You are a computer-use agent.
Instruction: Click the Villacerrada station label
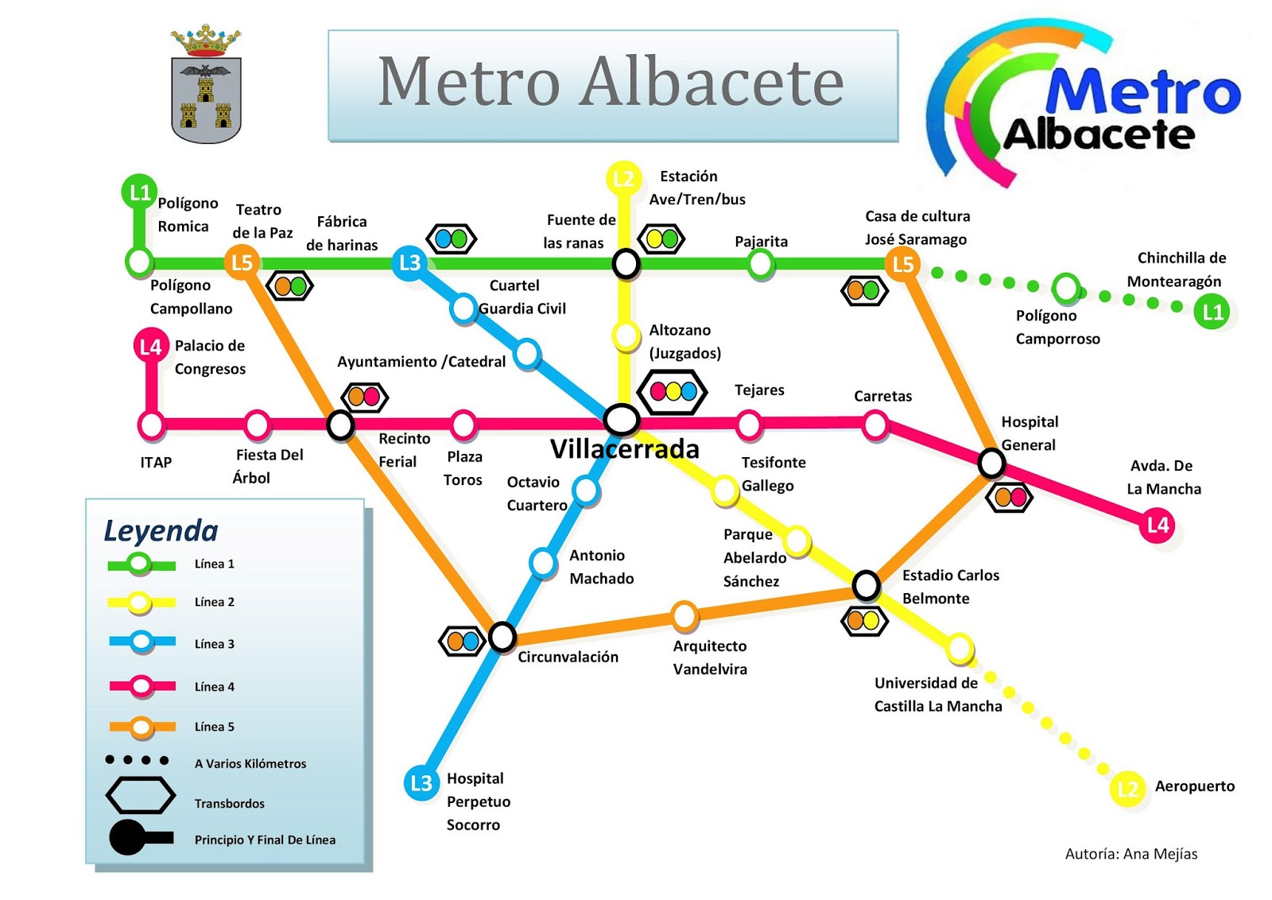tap(624, 449)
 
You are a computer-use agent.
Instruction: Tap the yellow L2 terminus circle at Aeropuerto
tap(1127, 789)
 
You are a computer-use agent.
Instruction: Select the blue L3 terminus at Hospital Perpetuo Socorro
tap(421, 784)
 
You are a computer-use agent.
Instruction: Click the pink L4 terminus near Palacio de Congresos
tap(150, 346)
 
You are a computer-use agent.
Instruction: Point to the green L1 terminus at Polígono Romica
tap(139, 192)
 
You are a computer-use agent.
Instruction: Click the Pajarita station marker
tap(761, 263)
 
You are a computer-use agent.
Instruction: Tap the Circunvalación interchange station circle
tap(502, 636)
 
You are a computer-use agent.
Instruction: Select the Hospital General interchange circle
tap(991, 462)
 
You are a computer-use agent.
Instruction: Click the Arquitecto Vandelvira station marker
tap(684, 615)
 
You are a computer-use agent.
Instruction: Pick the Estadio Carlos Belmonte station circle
tap(866, 585)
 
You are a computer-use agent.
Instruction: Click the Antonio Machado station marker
tap(543, 562)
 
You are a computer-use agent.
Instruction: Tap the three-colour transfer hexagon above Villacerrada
tap(673, 391)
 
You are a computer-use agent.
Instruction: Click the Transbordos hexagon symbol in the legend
tap(141, 795)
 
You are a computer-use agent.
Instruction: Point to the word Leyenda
tap(161, 531)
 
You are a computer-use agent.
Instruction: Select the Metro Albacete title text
tap(611, 82)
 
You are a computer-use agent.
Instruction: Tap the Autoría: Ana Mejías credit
tap(1130, 854)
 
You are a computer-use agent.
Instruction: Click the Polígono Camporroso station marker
tap(1065, 288)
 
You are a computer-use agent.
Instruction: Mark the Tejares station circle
tap(748, 425)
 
